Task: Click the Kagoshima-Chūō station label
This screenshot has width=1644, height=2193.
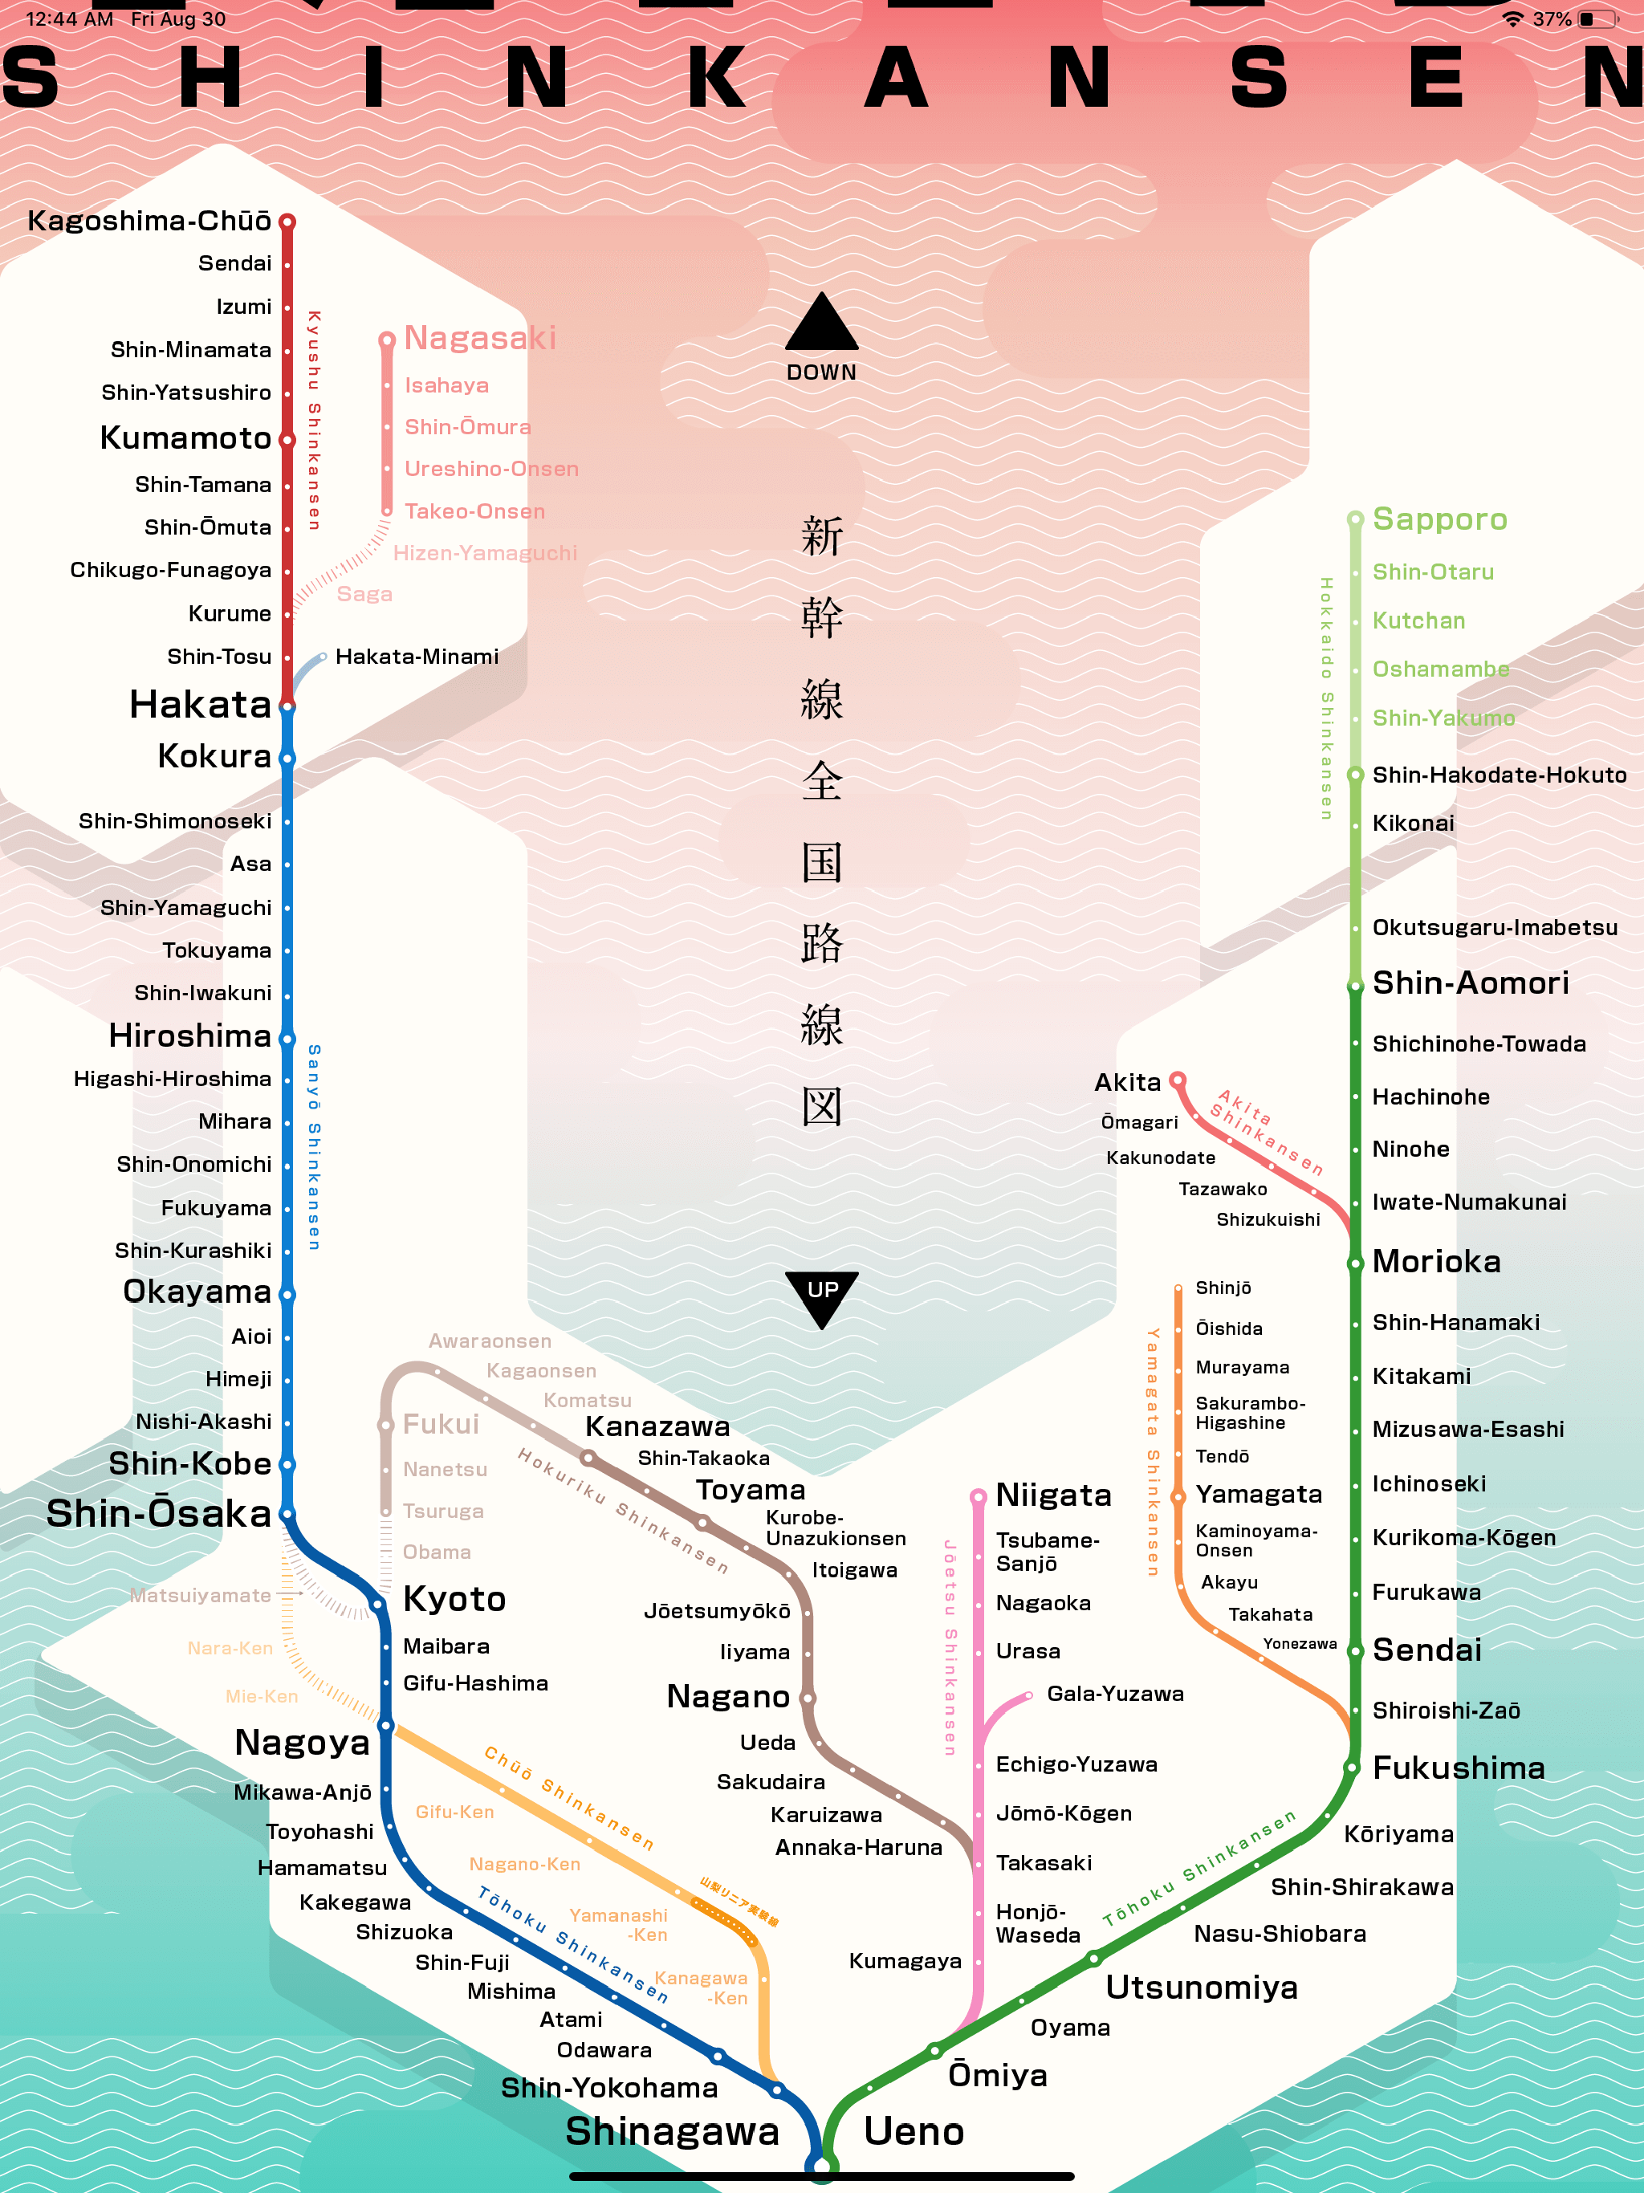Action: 149,221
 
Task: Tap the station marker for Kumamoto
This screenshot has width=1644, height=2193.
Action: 287,439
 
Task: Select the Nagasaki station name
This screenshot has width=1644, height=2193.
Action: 480,338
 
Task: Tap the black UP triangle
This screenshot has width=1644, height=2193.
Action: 822,1295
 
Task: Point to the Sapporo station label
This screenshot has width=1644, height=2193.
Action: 1440,519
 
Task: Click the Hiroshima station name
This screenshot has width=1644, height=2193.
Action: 190,1036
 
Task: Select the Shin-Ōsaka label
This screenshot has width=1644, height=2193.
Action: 159,1514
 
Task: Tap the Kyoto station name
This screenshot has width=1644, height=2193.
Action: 455,1599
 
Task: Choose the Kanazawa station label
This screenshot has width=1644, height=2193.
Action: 657,1426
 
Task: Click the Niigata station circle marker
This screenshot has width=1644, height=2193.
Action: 978,1496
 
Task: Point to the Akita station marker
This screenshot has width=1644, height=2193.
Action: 1177,1080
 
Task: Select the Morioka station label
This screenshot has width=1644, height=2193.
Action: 1437,1262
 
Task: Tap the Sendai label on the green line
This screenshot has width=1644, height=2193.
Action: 1426,1650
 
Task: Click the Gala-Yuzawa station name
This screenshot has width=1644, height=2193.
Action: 1116,1694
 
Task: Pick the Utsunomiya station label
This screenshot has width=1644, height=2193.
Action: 1202,1988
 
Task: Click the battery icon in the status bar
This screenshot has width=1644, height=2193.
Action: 1597,18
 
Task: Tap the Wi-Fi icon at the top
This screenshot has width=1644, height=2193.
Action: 1512,18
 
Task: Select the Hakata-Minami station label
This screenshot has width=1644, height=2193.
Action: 417,657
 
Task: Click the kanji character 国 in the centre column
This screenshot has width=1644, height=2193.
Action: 822,861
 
